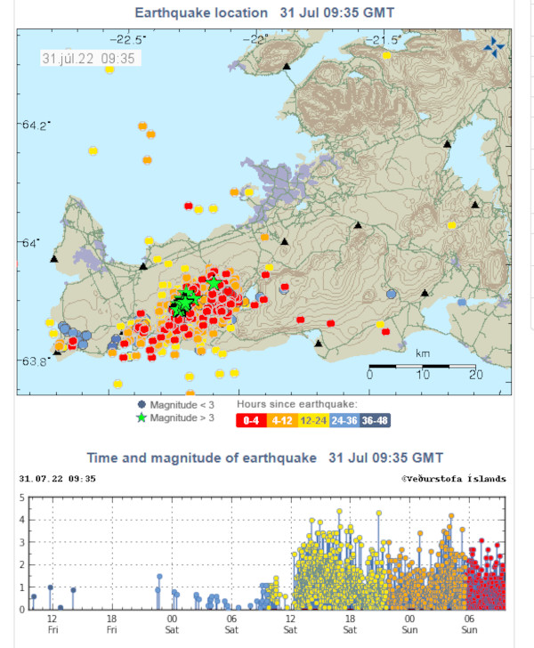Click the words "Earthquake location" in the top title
tap(200, 12)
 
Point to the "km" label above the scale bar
tap(424, 353)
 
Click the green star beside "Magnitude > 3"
tap(141, 417)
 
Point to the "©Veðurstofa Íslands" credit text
tap(454, 478)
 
